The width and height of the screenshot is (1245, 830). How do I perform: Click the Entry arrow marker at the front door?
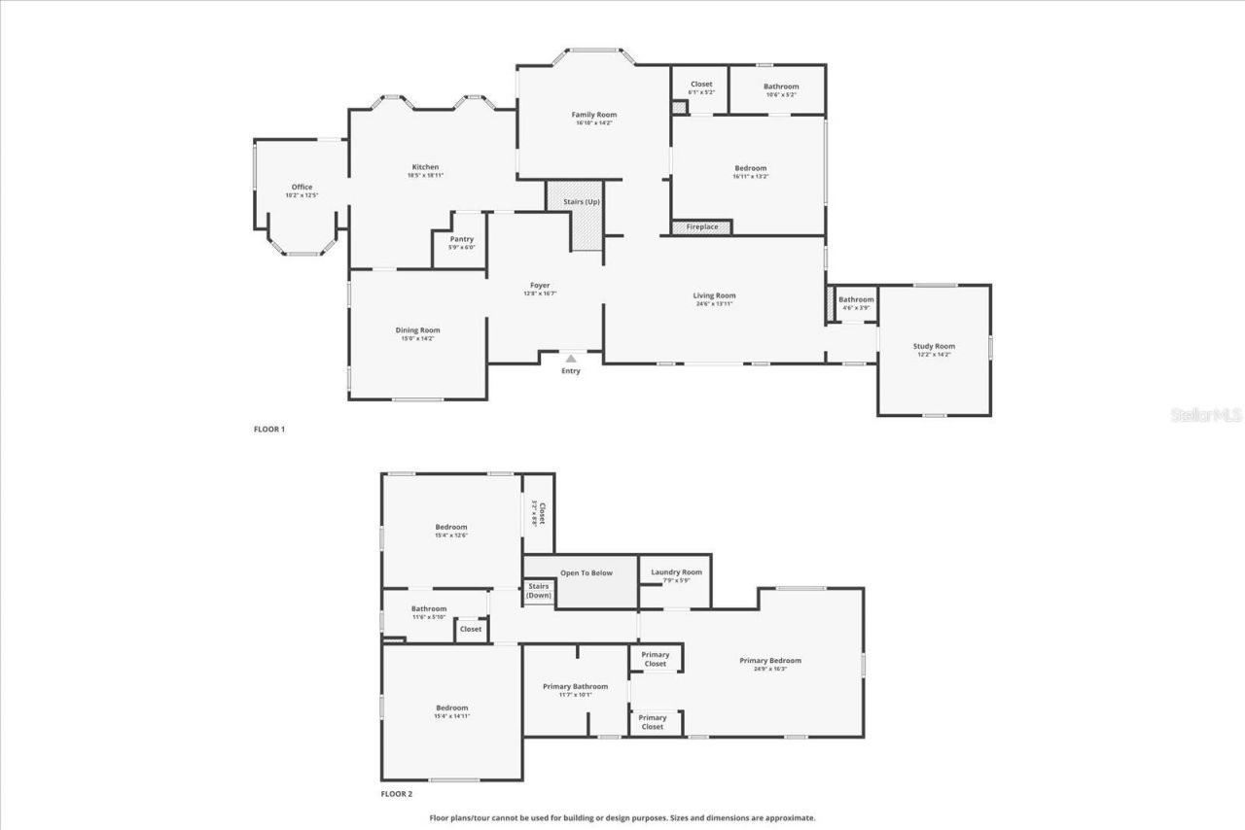click(571, 359)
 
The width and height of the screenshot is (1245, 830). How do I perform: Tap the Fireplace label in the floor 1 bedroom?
click(701, 227)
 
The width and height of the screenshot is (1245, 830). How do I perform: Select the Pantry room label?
click(461, 239)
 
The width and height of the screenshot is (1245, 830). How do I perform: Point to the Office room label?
click(302, 187)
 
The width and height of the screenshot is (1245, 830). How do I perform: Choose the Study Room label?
click(934, 346)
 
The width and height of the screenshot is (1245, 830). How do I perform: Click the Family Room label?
click(593, 115)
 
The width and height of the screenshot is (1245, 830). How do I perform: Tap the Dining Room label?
click(417, 330)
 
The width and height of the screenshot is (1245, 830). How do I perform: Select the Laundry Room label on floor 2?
click(676, 572)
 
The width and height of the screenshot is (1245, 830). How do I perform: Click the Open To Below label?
click(586, 572)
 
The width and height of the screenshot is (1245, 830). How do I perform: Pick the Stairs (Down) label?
click(539, 590)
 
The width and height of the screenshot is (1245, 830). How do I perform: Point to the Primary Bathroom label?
click(575, 686)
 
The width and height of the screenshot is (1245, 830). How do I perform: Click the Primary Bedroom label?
click(770, 661)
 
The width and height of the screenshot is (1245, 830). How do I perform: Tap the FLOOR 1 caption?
click(269, 429)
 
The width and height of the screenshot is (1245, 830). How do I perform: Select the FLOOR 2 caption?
click(396, 794)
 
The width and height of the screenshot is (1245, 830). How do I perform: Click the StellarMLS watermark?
click(1205, 415)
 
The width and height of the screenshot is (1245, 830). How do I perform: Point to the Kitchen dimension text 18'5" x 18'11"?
click(425, 175)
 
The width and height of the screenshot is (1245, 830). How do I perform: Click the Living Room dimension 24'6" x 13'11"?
click(714, 303)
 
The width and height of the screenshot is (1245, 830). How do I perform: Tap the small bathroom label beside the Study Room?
click(856, 299)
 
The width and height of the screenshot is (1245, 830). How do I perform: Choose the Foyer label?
click(540, 286)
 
